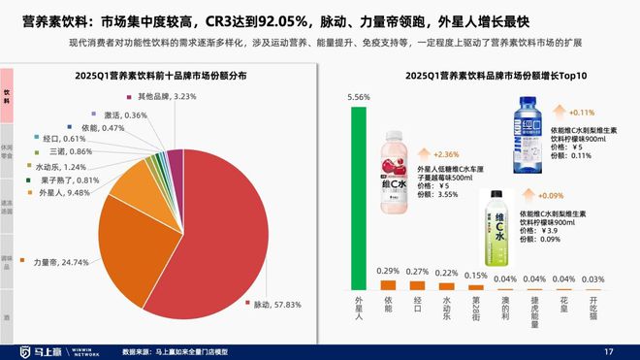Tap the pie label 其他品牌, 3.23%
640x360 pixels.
pos(167,96)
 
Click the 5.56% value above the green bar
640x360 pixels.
pos(359,98)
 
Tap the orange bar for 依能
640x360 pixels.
pos(388,284)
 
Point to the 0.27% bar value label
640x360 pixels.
pos(417,272)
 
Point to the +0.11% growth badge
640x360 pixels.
pos(582,113)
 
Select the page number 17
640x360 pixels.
pos(609,350)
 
